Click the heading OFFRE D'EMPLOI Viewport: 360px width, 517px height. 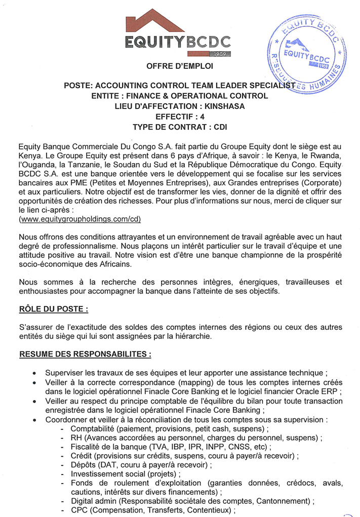(x=180, y=66)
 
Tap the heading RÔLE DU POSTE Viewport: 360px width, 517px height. (x=55, y=308)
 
